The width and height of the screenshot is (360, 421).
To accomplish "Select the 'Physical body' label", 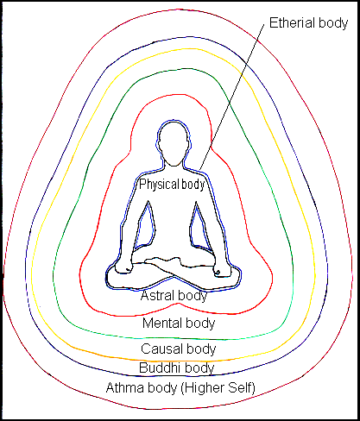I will pos(177,184).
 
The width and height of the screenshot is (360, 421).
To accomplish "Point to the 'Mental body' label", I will pos(179,324).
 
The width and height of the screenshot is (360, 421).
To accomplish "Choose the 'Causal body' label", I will pos(179,349).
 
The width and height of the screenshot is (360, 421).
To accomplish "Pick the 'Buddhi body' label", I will pos(179,368).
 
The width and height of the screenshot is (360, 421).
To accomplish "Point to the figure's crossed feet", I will pos(177,264).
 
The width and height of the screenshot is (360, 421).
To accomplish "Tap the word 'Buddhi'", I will pos(162,368).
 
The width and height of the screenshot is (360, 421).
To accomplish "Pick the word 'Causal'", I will pos(161,349).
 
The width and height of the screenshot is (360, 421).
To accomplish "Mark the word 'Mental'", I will pos(162,324).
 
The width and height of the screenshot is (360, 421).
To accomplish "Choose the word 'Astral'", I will pos(158,296).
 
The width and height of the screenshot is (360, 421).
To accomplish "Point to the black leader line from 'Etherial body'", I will pos(233,95).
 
